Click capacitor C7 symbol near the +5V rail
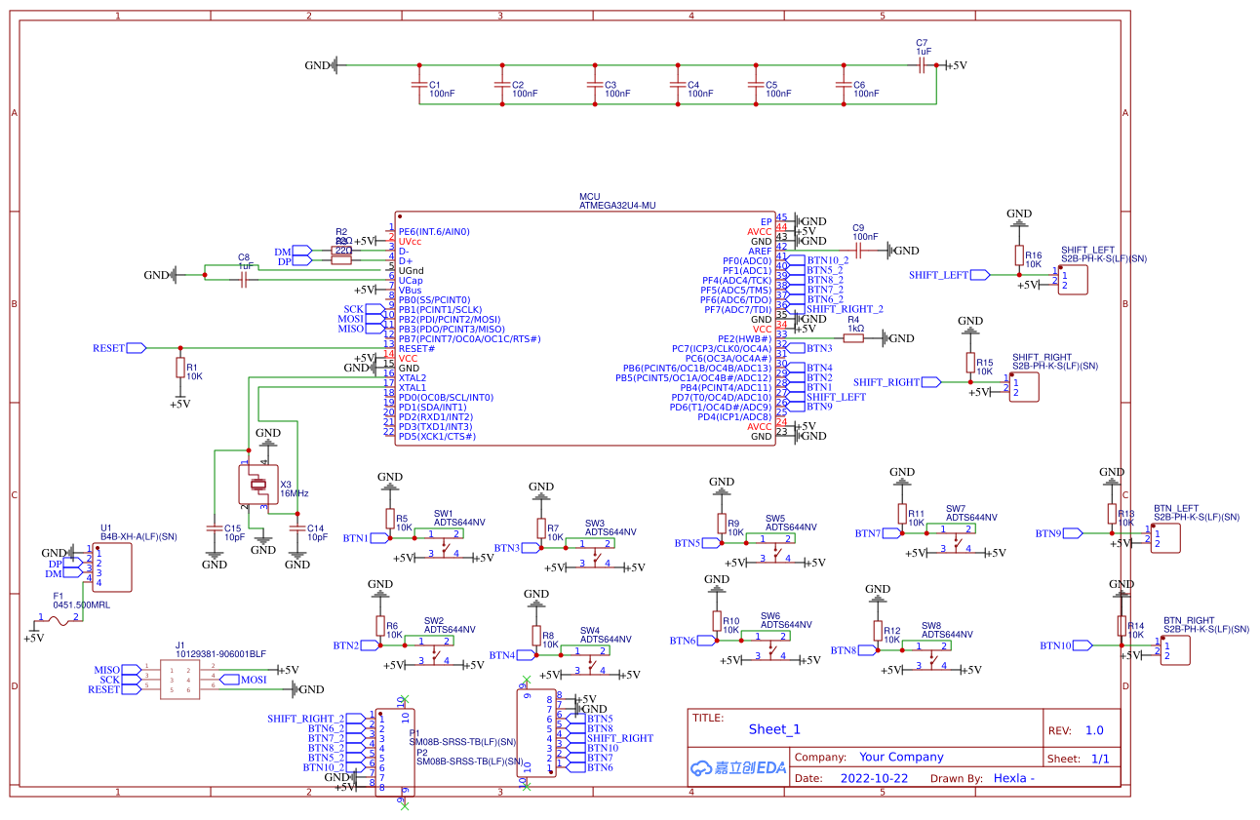tap(922, 65)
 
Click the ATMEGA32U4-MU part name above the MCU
tap(617, 206)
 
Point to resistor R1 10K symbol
tap(180, 368)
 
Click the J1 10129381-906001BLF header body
tap(179, 680)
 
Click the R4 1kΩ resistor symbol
tap(854, 337)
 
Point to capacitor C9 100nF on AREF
tap(858, 251)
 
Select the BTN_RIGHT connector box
tap(1174, 649)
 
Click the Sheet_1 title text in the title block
tap(774, 729)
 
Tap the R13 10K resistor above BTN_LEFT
tap(1112, 514)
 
